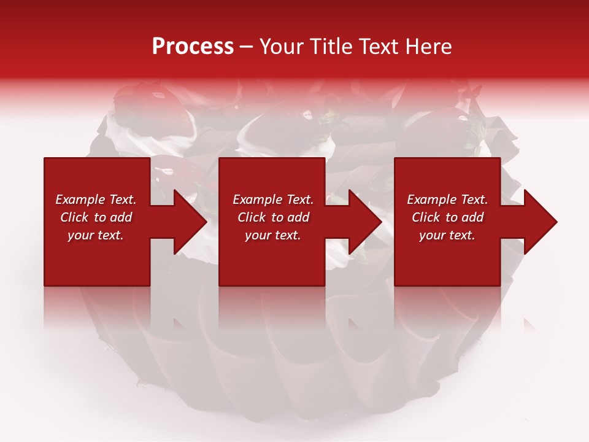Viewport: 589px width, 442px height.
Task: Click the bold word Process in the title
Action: (x=193, y=47)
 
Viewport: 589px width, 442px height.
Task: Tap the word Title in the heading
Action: (x=331, y=47)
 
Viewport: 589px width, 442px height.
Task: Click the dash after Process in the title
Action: (x=247, y=47)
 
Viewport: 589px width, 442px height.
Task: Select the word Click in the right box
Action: (x=426, y=217)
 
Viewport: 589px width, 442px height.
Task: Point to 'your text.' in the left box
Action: (x=96, y=235)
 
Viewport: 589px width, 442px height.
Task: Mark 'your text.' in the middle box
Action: (x=272, y=235)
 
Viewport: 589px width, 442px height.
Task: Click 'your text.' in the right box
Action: (x=447, y=235)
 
